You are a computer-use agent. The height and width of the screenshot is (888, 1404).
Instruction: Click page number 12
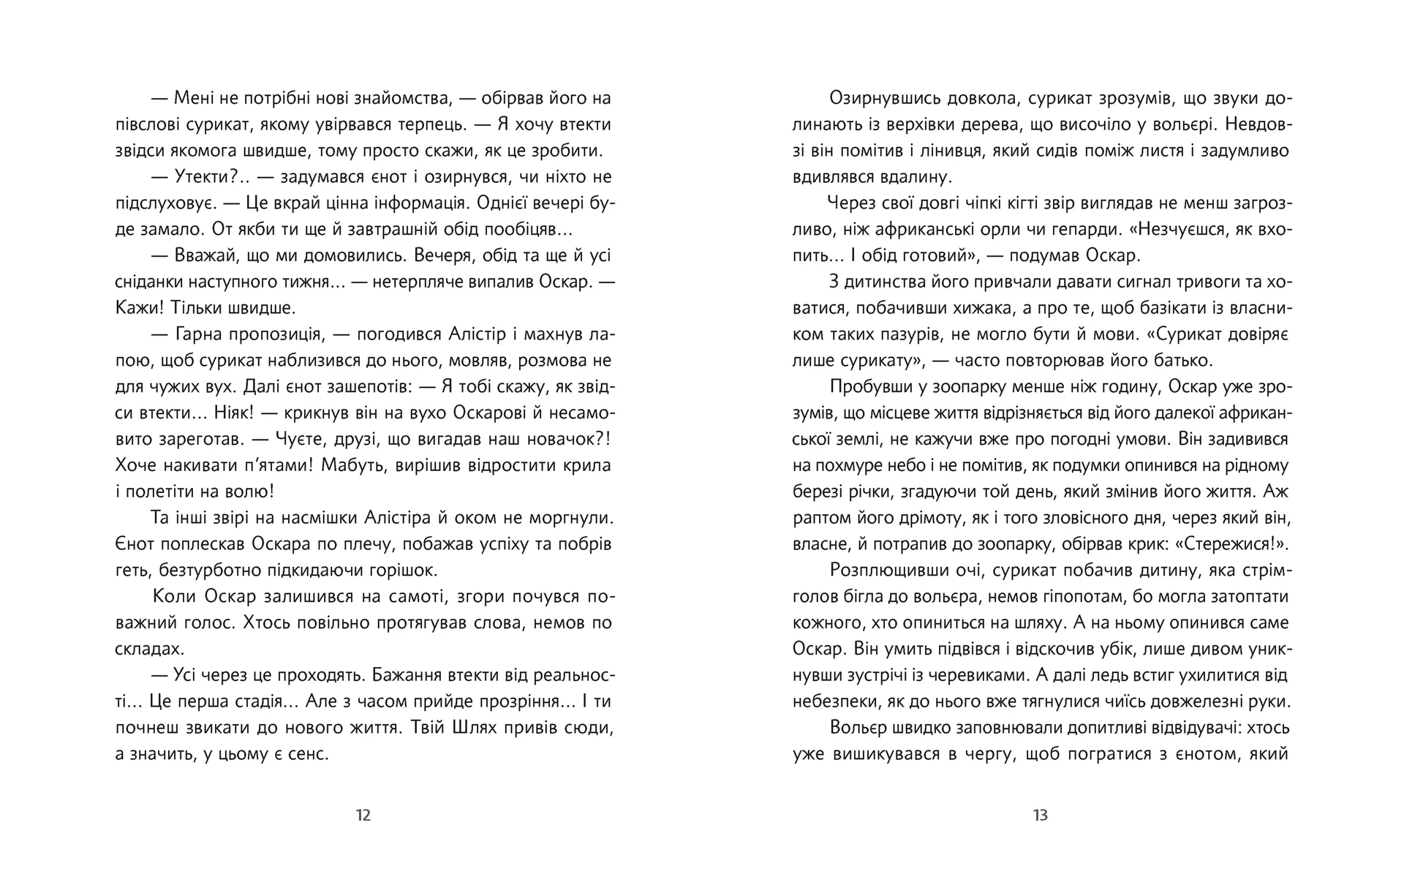(363, 815)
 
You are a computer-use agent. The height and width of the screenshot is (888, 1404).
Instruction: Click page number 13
(1040, 815)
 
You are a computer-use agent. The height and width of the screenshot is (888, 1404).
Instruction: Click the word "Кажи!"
(143, 308)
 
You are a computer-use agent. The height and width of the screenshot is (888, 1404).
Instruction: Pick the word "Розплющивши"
(879, 571)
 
